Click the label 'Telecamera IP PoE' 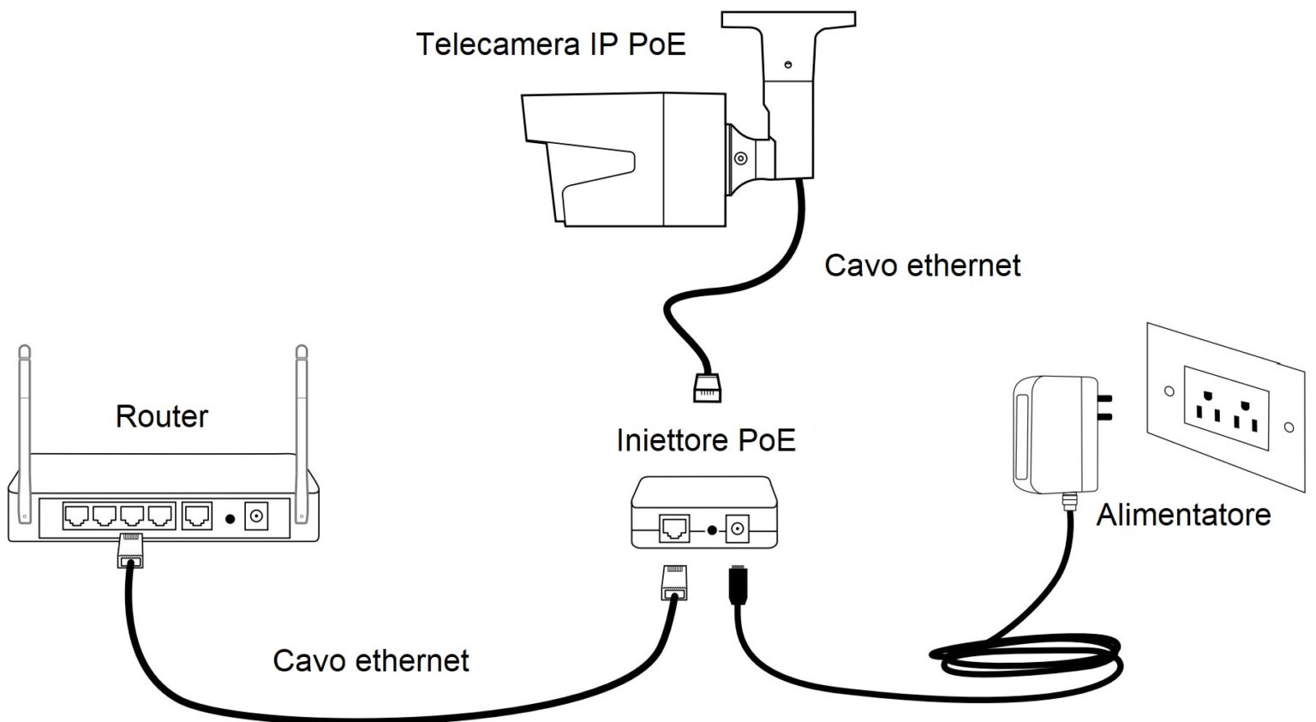tap(551, 44)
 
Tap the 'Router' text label tap(161, 416)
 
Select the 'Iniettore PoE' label tap(705, 440)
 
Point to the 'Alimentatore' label tap(1182, 515)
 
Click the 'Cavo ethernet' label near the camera tap(922, 266)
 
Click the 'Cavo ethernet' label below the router tap(370, 660)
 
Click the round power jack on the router tap(255, 516)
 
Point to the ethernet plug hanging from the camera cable tap(707, 387)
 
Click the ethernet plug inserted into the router tap(130, 549)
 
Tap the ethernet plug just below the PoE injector tap(674, 582)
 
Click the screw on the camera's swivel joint tap(740, 158)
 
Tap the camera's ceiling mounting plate tap(788, 20)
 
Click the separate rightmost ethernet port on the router tap(197, 516)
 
